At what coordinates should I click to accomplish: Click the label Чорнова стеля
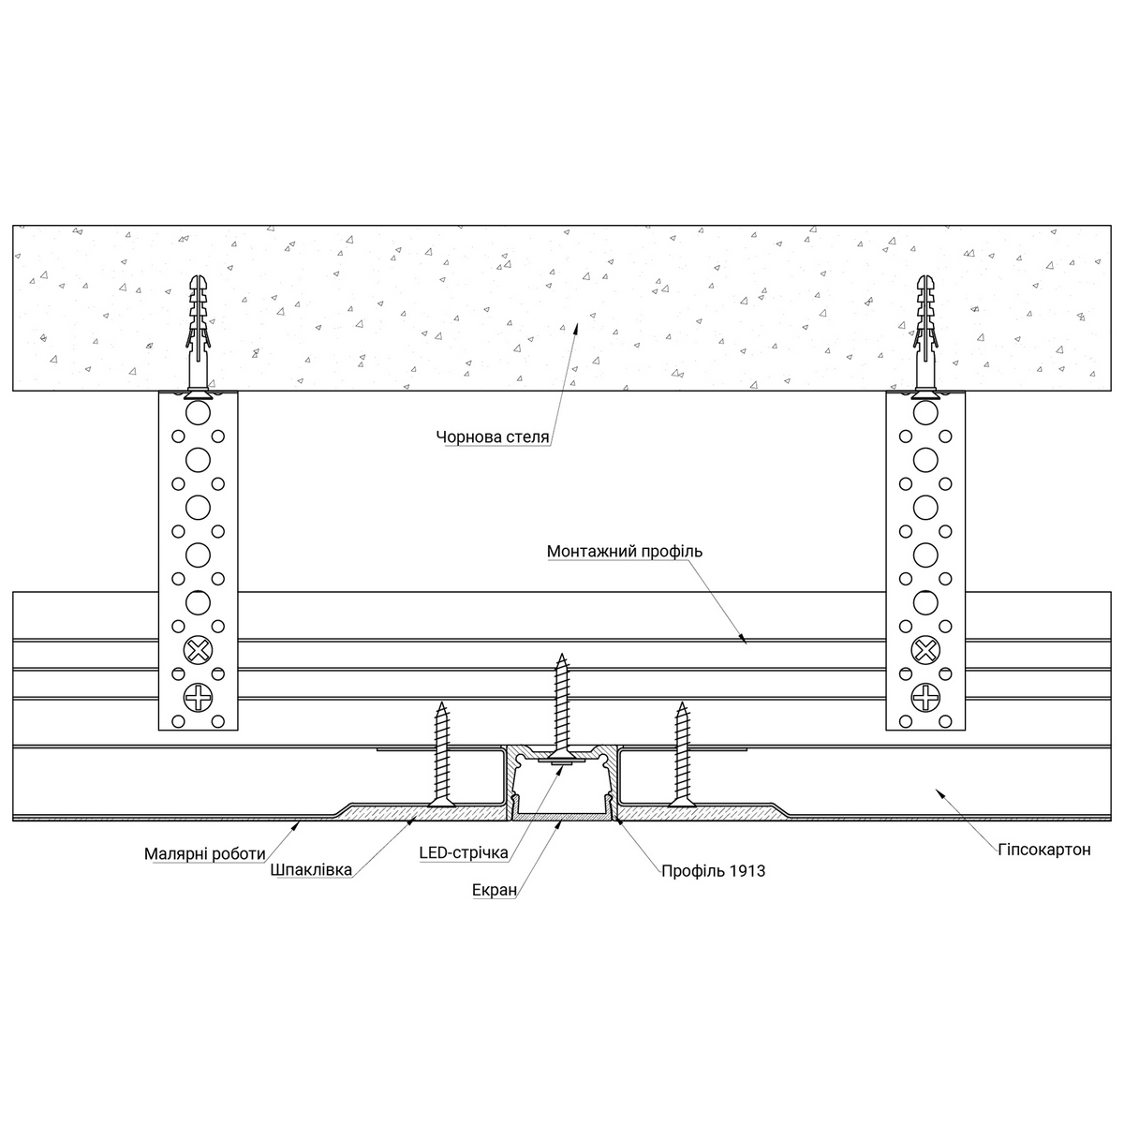point(493,436)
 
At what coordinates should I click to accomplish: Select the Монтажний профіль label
point(625,552)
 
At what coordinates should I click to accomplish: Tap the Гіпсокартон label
point(1044,850)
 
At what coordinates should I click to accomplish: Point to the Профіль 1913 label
point(713,871)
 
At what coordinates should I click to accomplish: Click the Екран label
point(495,890)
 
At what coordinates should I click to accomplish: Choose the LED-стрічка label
point(464,852)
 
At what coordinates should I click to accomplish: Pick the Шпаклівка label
point(310,870)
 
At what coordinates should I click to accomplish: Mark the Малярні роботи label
point(205,853)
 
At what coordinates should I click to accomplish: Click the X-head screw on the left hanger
point(199,648)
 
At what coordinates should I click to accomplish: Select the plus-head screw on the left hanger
point(199,697)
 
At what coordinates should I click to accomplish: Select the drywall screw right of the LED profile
point(682,749)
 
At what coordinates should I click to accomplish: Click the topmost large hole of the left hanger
point(199,413)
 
